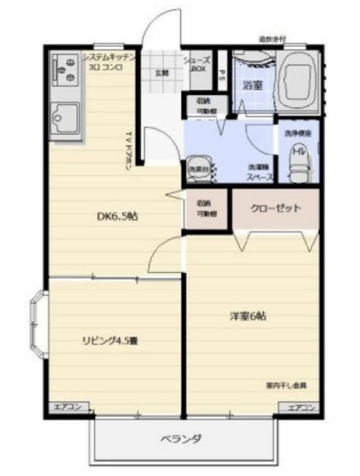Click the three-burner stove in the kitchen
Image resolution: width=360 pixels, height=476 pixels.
65,68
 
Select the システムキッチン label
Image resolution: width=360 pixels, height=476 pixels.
108,57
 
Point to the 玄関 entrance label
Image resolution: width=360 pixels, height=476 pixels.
161,73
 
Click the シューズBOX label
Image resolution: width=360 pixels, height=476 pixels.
198,64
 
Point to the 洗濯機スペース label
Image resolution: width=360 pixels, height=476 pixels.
260,171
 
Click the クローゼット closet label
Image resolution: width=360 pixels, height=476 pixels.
275,208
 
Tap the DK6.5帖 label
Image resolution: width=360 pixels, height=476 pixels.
118,217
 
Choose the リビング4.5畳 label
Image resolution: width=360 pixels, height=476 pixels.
110,341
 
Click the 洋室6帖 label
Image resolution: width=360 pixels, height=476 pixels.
248,316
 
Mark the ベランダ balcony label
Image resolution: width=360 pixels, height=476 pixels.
181,439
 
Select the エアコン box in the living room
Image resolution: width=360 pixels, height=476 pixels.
71,407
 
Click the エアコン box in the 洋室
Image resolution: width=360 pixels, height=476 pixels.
301,407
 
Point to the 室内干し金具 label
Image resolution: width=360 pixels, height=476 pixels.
286,385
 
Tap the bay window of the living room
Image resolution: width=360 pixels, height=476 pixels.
37,327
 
